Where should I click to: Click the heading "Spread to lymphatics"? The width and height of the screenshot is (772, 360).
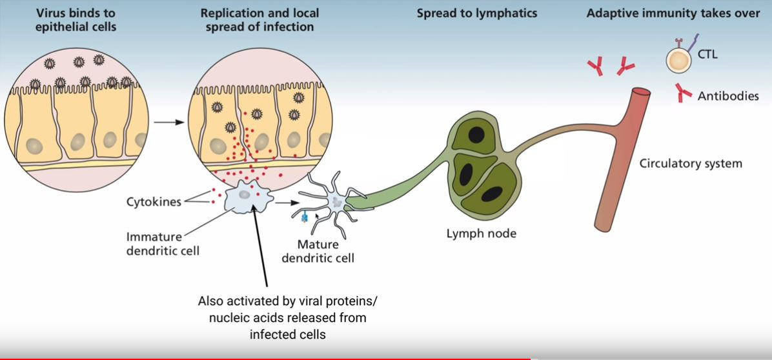tap(477, 13)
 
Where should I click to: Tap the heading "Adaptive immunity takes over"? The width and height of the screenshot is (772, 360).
tap(673, 13)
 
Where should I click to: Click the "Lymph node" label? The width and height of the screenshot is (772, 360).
tap(482, 233)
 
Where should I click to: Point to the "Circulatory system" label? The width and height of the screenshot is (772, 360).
tap(691, 163)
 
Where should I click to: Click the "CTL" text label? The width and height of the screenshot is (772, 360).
tap(707, 54)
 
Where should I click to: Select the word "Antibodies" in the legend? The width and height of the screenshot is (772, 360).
tap(728, 96)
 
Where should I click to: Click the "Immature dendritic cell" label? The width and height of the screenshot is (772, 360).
tap(163, 243)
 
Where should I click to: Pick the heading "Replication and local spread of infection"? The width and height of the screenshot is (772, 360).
tap(259, 20)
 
